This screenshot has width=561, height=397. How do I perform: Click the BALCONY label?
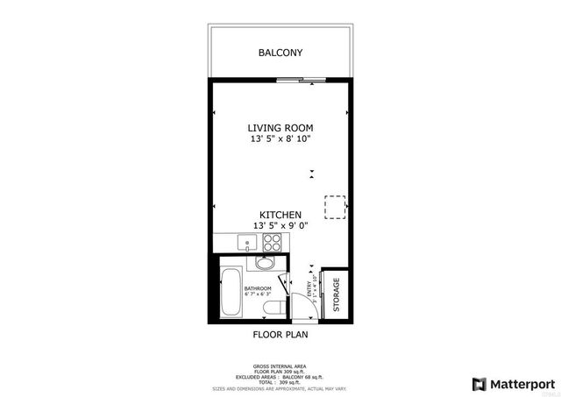[280, 53]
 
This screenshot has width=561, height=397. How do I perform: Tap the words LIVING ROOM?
[280, 126]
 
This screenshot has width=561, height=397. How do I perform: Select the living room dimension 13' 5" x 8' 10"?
[280, 138]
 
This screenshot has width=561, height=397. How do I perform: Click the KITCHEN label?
[280, 215]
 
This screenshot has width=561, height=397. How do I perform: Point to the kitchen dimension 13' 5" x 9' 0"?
[280, 226]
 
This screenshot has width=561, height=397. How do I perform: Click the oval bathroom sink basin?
[264, 263]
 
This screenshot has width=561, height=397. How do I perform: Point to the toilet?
[272, 307]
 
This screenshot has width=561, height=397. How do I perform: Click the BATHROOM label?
[258, 288]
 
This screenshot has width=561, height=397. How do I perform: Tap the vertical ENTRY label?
[309, 288]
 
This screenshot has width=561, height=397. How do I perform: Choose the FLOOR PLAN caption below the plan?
[280, 334]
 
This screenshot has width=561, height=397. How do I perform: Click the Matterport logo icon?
[479, 383]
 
